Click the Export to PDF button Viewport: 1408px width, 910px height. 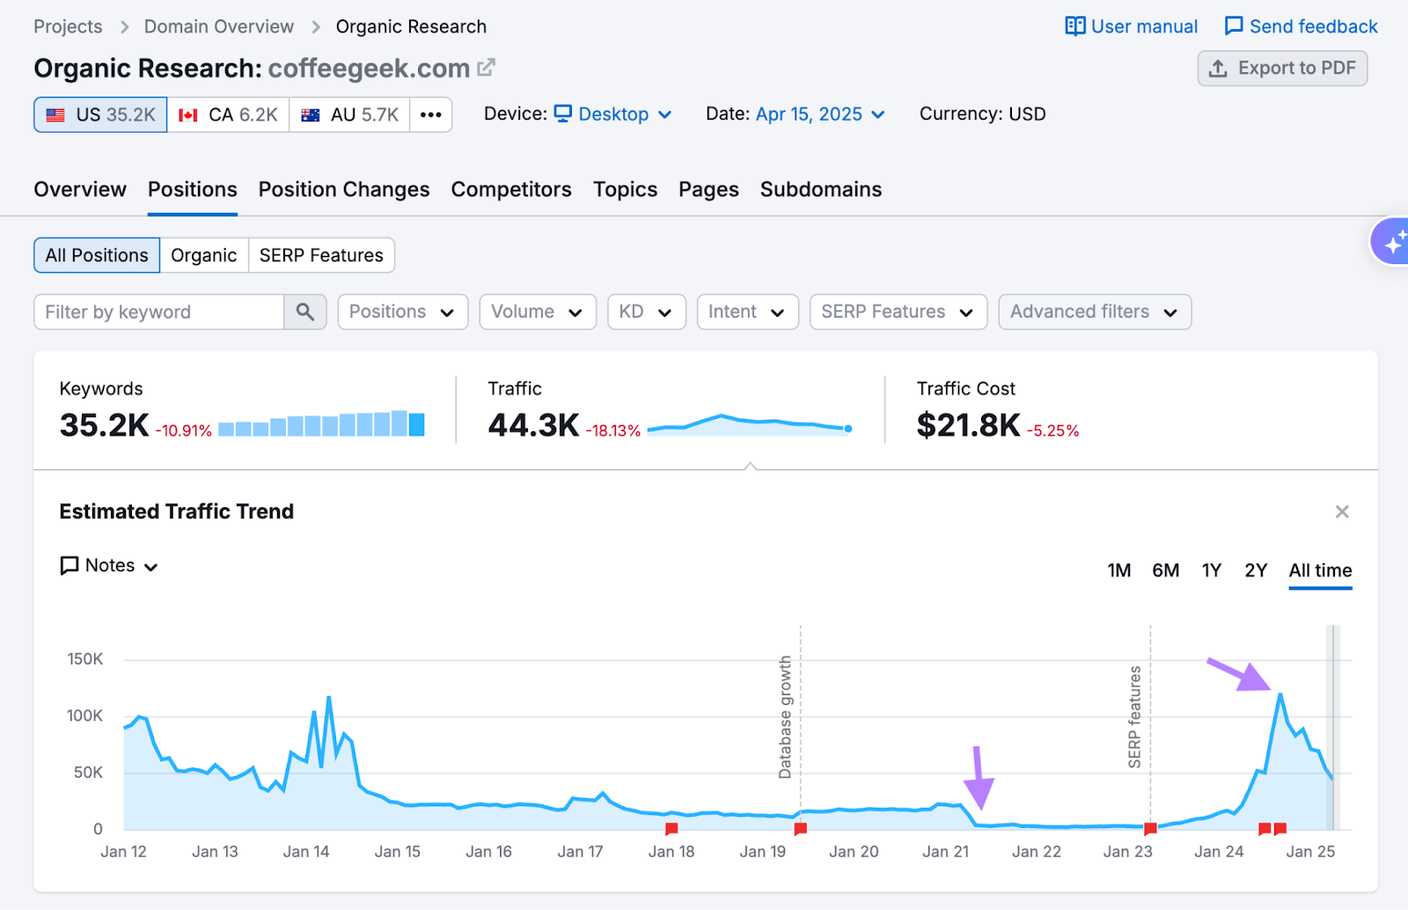[1282, 69]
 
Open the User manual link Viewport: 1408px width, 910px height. [1132, 26]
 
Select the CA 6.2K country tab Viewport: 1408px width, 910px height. [228, 115]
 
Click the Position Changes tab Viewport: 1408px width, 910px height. [344, 189]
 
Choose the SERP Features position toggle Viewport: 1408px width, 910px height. [321, 255]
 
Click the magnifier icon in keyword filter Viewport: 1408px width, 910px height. [305, 312]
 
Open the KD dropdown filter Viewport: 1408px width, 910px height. [646, 312]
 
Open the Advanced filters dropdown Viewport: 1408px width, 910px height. [1094, 312]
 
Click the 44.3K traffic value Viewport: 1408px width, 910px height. [533, 425]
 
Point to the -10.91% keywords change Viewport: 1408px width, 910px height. [184, 430]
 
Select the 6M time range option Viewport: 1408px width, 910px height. [1165, 570]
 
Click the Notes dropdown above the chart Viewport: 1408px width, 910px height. [109, 566]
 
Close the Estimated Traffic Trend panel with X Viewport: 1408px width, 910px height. [1342, 512]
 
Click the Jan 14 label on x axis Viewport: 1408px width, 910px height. [306, 852]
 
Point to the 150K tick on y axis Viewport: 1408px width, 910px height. [85, 659]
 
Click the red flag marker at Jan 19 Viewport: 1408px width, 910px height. [800, 828]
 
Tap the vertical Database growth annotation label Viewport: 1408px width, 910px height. [785, 717]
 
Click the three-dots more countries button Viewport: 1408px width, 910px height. [430, 115]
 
